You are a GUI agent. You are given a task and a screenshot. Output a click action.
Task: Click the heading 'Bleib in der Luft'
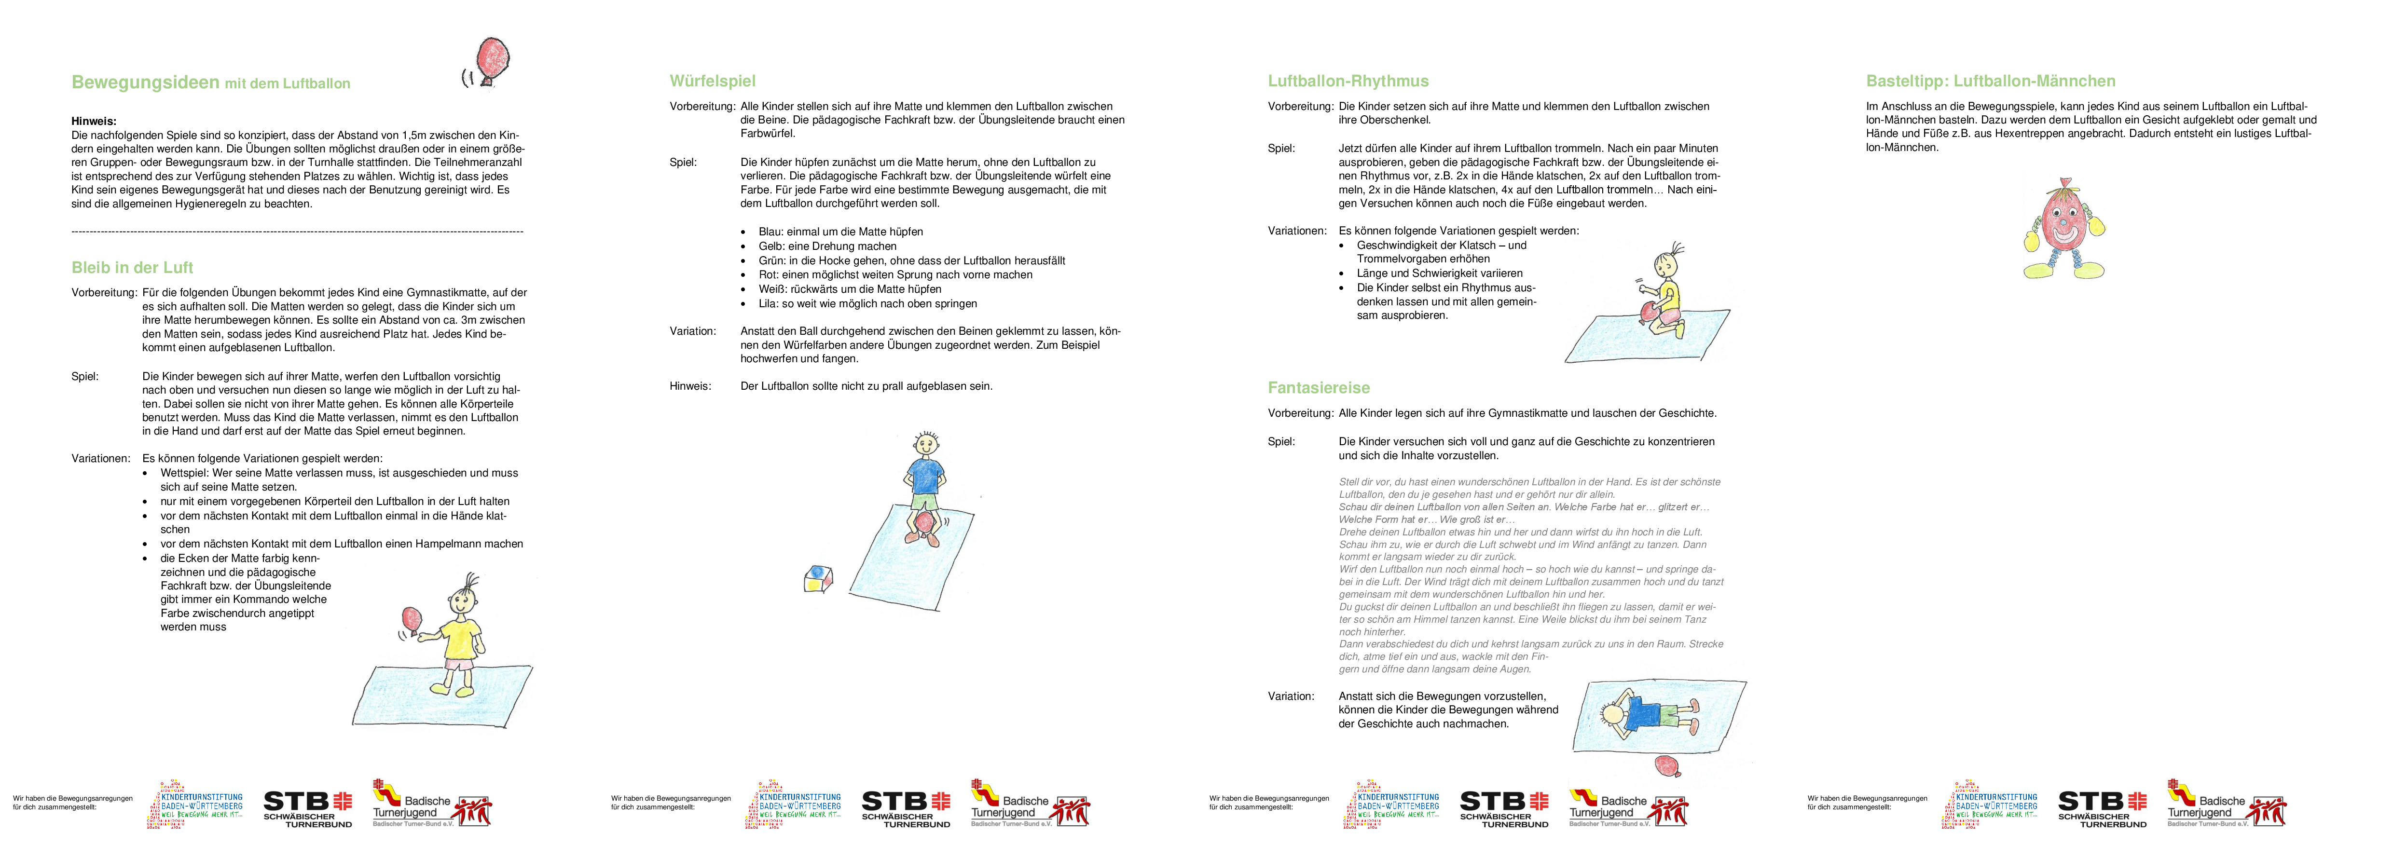pyautogui.click(x=132, y=268)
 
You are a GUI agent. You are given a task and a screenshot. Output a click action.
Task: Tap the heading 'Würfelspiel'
pyautogui.click(x=713, y=81)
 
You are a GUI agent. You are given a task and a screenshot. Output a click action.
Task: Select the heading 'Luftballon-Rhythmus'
pyautogui.click(x=1348, y=81)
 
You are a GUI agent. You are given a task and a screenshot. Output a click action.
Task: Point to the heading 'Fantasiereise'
pyautogui.click(x=1318, y=387)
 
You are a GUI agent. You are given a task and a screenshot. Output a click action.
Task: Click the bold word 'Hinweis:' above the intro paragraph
pyautogui.click(x=94, y=121)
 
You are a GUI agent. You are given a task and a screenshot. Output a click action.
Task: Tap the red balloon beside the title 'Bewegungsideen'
pyautogui.click(x=492, y=58)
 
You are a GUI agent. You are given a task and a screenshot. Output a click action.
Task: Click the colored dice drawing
pyautogui.click(x=817, y=578)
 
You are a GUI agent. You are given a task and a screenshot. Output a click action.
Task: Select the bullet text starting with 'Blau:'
pyautogui.click(x=840, y=232)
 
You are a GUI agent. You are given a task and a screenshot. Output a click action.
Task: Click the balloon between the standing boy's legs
pyautogui.click(x=925, y=525)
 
